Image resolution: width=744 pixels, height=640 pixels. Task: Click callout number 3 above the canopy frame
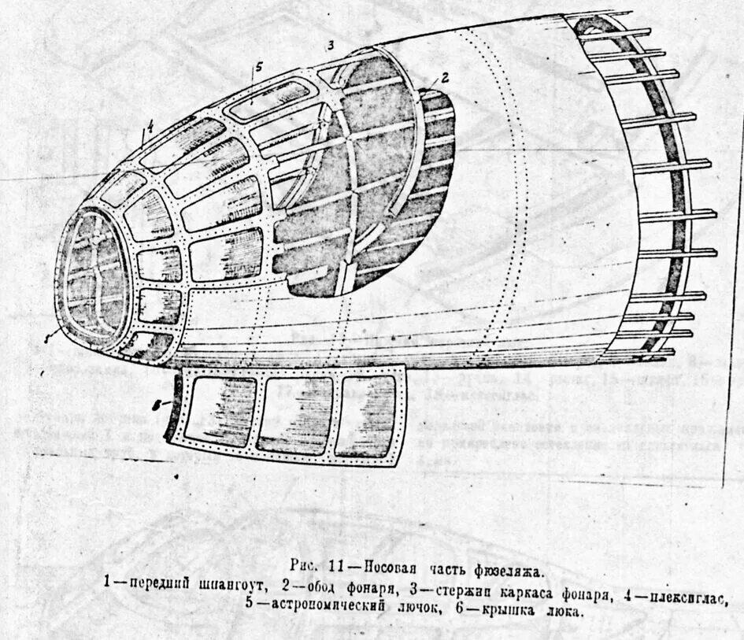click(x=331, y=44)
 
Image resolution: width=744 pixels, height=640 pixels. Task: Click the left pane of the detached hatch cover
click(x=224, y=411)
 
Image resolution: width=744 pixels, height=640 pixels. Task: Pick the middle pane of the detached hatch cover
click(x=293, y=416)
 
